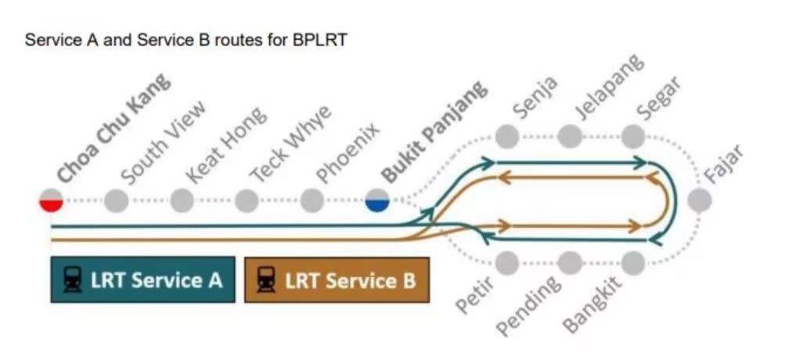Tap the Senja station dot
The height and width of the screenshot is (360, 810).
[x=508, y=136]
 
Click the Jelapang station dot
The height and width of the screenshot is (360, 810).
[x=570, y=136]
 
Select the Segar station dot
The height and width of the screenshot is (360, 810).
[x=633, y=136]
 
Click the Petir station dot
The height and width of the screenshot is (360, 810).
[x=508, y=263]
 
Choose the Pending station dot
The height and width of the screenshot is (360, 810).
[x=570, y=263]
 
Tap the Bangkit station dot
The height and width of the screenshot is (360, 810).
[x=633, y=263]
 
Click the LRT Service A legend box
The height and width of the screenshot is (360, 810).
[x=142, y=279]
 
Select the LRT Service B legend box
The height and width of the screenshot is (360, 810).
[x=337, y=279]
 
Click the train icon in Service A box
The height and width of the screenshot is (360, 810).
[x=73, y=279]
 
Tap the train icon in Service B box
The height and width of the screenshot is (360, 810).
[x=267, y=279]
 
